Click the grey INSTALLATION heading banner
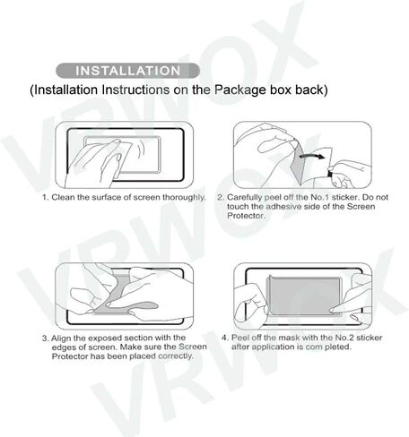pos(127,71)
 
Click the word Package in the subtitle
pos(240,90)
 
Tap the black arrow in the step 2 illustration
pos(312,156)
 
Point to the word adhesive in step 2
pos(283,207)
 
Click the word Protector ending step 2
pos(246,216)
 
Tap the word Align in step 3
pos(61,338)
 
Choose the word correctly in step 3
pos(176,356)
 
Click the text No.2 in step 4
pos(344,338)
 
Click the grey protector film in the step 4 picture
pos(304,295)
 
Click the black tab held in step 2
pos(330,173)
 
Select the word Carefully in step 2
pos(244,197)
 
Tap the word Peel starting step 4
pos(240,338)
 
